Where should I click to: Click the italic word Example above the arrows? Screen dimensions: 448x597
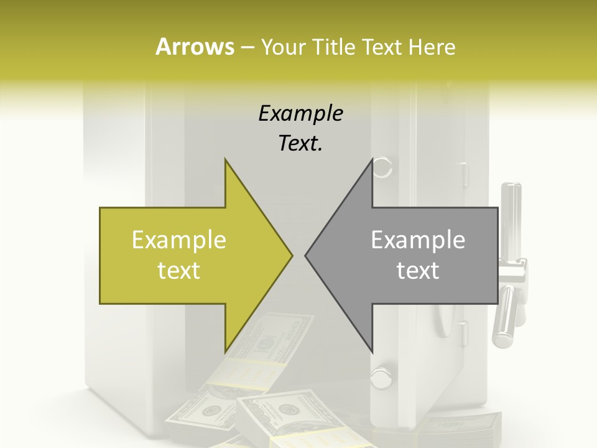point(300,113)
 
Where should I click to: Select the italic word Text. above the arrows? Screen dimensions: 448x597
point(300,144)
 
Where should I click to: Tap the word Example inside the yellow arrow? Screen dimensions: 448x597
point(179,240)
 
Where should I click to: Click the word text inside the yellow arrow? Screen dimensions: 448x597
point(179,271)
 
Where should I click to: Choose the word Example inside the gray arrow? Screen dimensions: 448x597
point(418,240)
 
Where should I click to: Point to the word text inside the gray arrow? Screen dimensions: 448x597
point(418,271)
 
